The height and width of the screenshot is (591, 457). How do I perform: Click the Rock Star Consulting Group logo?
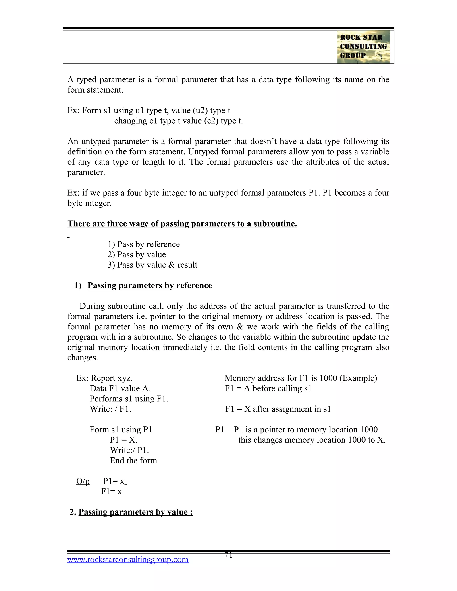tap(363, 47)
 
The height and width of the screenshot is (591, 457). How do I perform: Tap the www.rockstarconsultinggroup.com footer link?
tap(128, 559)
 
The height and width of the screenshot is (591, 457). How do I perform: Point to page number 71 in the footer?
tap(228, 555)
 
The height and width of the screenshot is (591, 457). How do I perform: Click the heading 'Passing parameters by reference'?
tap(150, 285)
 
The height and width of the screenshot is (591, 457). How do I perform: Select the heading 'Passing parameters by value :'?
tap(135, 512)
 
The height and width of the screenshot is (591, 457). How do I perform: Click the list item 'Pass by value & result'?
tap(152, 265)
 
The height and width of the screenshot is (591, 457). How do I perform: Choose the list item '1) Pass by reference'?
tap(143, 244)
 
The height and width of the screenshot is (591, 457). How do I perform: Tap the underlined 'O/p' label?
tap(83, 481)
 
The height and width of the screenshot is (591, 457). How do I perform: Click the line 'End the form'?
tap(133, 460)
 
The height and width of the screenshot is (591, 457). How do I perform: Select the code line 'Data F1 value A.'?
tap(120, 388)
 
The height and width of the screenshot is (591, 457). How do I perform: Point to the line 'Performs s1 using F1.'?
tap(129, 399)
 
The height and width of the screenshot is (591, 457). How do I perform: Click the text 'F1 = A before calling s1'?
tap(268, 388)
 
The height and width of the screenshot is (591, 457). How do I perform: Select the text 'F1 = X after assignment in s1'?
tap(278, 409)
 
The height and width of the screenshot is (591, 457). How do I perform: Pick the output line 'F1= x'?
tap(111, 491)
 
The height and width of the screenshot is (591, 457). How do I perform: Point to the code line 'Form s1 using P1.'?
tap(122, 430)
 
